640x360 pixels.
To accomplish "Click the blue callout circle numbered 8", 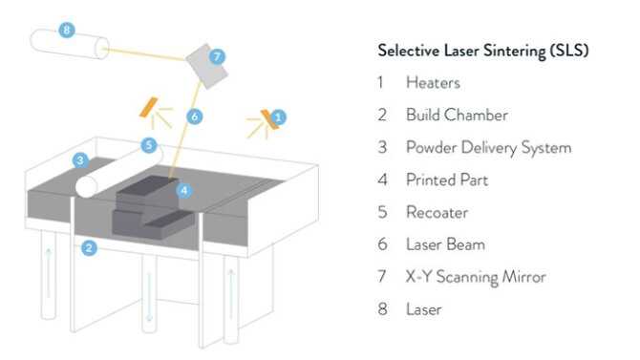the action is pyautogui.click(x=67, y=30).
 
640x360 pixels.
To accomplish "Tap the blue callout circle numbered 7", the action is pyautogui.click(x=217, y=56).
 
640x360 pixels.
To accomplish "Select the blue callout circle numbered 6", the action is pyautogui.click(x=195, y=116).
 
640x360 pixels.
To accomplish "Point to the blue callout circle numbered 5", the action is pyautogui.click(x=149, y=145).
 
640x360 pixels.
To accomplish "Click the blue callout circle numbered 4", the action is pyautogui.click(x=184, y=190).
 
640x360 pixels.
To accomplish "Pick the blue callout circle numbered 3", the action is pyautogui.click(x=80, y=160).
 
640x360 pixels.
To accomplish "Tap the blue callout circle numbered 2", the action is pyautogui.click(x=89, y=247).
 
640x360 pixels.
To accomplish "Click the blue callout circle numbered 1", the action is pyautogui.click(x=278, y=117).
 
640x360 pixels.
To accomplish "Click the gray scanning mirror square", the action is pyautogui.click(x=207, y=66).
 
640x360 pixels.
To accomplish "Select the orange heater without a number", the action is pyautogui.click(x=149, y=107).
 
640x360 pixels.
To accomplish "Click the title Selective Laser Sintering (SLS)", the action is pyautogui.click(x=483, y=51).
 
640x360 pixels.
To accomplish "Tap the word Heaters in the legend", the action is pyautogui.click(x=433, y=83).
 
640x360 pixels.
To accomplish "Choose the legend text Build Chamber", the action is pyautogui.click(x=458, y=116).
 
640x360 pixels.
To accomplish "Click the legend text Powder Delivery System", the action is pyautogui.click(x=488, y=148).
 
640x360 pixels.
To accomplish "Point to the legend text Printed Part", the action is pyautogui.click(x=447, y=180).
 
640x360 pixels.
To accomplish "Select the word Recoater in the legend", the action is pyautogui.click(x=437, y=212).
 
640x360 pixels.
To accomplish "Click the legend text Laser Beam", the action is pyautogui.click(x=446, y=244).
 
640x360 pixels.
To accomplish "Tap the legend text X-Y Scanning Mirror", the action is pyautogui.click(x=476, y=277).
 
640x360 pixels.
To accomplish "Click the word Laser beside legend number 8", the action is pyautogui.click(x=424, y=309).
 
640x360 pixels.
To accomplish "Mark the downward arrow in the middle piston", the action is pyautogui.click(x=149, y=297).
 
